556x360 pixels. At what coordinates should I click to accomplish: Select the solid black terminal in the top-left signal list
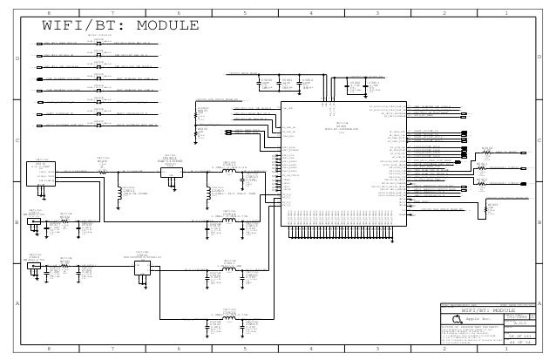coord(41,78)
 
